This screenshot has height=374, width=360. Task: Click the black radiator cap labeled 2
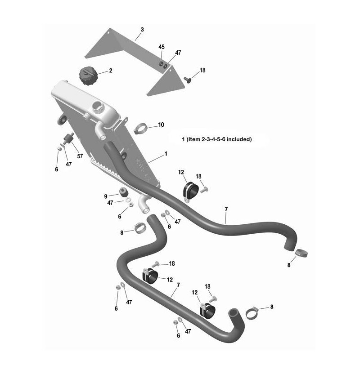tap(87, 76)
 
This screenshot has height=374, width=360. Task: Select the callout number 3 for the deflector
tap(142, 30)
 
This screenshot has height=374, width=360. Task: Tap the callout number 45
tap(162, 47)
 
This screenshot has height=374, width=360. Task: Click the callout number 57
tap(80, 156)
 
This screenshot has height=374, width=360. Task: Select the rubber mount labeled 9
tap(123, 193)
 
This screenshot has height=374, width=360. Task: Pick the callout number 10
tap(161, 125)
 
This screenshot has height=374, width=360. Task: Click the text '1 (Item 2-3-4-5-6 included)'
tap(217, 139)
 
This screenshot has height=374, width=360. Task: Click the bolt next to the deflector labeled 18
tap(188, 80)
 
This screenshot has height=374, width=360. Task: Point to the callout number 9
tap(106, 196)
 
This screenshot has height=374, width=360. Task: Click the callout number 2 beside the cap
tap(111, 71)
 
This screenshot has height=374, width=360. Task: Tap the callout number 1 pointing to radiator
tap(166, 154)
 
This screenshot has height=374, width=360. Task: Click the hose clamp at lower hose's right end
tap(252, 313)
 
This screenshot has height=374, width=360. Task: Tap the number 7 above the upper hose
tap(226, 209)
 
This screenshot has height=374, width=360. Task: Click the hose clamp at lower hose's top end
tap(140, 228)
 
